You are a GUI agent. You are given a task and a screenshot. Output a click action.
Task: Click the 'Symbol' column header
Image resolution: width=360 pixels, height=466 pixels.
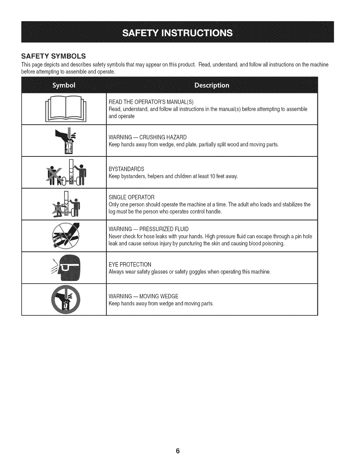tap(64, 85)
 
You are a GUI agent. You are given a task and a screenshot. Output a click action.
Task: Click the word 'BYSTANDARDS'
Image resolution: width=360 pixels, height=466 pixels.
tap(126, 169)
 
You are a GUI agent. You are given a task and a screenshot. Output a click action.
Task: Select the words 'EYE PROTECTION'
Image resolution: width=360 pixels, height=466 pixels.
tap(130, 264)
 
